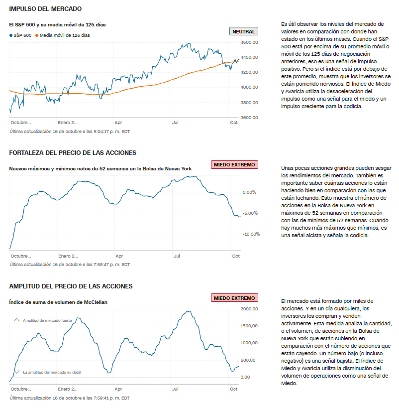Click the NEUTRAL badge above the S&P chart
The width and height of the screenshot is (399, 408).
click(244, 31)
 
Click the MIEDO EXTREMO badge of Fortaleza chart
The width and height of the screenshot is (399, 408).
click(235, 164)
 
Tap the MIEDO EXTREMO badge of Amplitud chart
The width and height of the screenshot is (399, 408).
click(235, 298)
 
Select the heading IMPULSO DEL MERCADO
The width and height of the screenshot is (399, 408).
click(45, 9)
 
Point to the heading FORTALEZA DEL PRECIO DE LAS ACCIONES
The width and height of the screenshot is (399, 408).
click(73, 152)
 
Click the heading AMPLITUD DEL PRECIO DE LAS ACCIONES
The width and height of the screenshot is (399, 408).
click(71, 286)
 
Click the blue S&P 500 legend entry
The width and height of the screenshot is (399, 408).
click(20, 35)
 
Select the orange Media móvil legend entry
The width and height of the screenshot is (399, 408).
click(63, 35)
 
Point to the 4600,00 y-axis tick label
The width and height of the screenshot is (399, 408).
click(249, 43)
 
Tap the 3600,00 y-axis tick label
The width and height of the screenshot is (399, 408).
click(249, 118)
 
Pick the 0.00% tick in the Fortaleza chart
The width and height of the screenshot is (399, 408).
click(249, 192)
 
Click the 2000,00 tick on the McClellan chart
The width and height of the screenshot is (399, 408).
click(249, 309)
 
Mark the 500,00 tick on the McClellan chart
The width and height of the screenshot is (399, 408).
click(248, 360)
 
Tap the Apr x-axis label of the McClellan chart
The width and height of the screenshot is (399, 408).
click(118, 389)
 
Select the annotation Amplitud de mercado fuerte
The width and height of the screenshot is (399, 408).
click(47, 320)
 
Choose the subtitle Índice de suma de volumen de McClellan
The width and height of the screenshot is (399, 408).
click(58, 302)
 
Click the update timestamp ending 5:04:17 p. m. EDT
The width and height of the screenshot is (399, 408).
click(70, 132)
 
